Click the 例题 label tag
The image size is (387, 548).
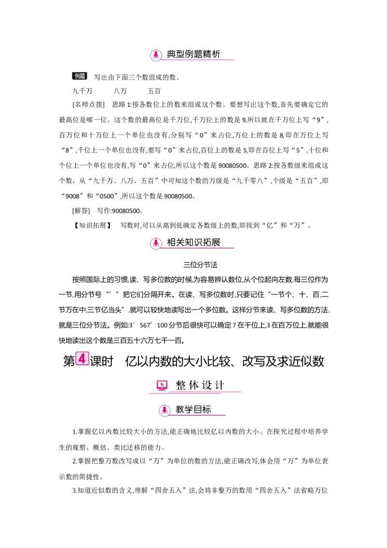pyautogui.click(x=79, y=76)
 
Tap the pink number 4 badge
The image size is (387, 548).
pyautogui.click(x=82, y=359)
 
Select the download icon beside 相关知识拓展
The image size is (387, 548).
pyautogui.click(x=156, y=243)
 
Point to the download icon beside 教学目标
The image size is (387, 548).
pyautogui.click(x=164, y=411)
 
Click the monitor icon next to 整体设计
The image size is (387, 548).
pyautogui.click(x=162, y=386)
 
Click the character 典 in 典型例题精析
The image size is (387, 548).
pyautogui.click(x=172, y=54)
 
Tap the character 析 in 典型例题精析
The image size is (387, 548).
pyautogui.click(x=215, y=54)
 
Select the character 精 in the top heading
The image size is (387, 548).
pyautogui.click(x=205, y=54)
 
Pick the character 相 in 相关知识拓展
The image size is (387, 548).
pyautogui.click(x=172, y=242)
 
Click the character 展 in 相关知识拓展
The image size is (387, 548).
pyautogui.click(x=215, y=242)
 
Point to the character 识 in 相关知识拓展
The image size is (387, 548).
pyautogui.click(x=193, y=242)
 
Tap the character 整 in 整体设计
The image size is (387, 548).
pyautogui.click(x=181, y=385)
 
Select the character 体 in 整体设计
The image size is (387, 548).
pyautogui.click(x=193, y=385)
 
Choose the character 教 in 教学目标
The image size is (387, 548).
pyautogui.click(x=180, y=410)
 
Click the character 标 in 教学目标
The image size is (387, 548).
pyautogui.click(x=206, y=410)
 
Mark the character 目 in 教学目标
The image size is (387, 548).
pyautogui.click(x=197, y=410)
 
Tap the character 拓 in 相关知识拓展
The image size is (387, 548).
pyautogui.click(x=205, y=242)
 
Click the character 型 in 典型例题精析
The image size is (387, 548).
pyautogui.click(x=182, y=54)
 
